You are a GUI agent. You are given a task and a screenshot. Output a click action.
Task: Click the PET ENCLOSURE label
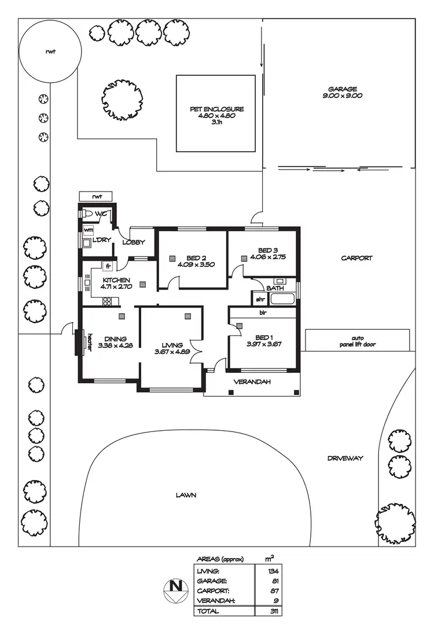click(216, 109)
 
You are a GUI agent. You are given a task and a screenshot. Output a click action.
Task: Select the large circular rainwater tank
click(50, 52)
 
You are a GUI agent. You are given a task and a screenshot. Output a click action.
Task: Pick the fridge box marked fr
click(108, 266)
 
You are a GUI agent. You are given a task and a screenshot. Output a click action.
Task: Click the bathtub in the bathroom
click(283, 300)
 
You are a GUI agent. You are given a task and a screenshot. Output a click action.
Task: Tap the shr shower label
click(260, 299)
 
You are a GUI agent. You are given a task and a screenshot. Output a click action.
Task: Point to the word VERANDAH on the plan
click(252, 382)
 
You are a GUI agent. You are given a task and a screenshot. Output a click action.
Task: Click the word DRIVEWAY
click(345, 458)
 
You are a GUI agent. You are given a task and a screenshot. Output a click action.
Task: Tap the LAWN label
click(186, 495)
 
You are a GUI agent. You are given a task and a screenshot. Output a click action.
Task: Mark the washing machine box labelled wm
click(88, 230)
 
